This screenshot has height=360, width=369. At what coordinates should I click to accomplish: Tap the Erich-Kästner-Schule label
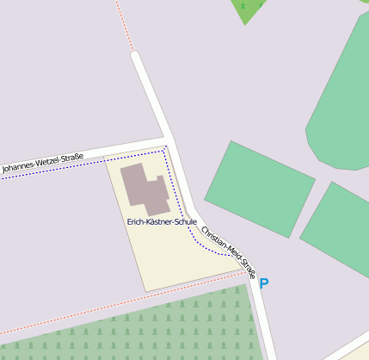[162, 221]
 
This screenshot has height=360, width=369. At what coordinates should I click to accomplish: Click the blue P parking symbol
[264, 282]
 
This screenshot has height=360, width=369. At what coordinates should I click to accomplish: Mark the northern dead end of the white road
[134, 57]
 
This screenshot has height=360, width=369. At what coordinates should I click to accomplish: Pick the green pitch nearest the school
[259, 177]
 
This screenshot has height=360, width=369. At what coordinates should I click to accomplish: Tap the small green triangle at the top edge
[248, 9]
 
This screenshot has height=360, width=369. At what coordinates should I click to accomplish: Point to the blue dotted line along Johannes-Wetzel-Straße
[86, 159]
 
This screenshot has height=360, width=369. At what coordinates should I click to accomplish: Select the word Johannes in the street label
[19, 166]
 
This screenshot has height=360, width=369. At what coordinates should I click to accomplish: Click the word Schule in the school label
[185, 221]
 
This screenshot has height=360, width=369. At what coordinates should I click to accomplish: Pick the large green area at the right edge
[344, 103]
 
